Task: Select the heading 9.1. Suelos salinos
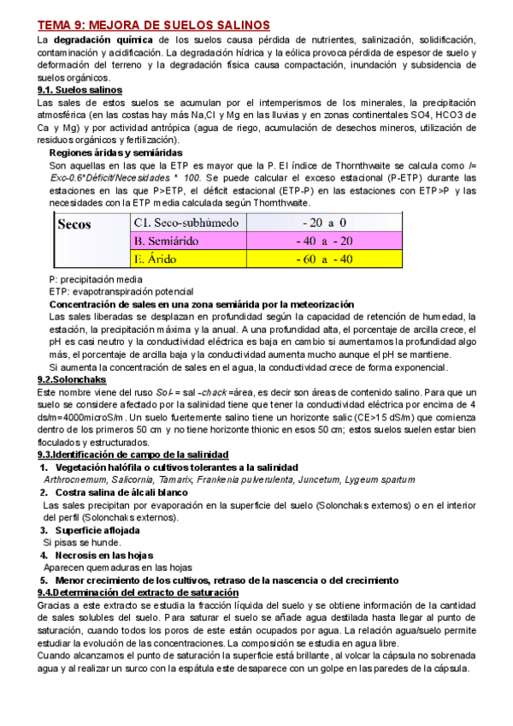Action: click(80, 90)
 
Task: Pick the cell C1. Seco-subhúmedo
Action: click(180, 222)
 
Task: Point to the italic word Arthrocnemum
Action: click(72, 480)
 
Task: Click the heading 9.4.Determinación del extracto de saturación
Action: click(139, 592)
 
